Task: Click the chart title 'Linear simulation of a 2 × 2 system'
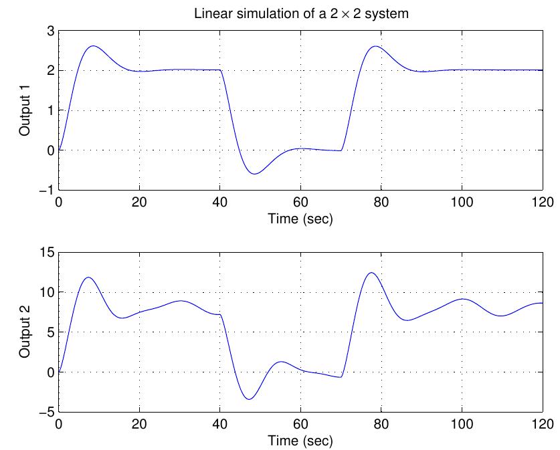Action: [x=300, y=13]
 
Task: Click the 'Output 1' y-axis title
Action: [x=25, y=110]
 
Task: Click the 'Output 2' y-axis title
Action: [x=25, y=332]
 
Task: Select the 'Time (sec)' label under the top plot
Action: [x=300, y=218]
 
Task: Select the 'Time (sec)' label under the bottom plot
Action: [x=300, y=440]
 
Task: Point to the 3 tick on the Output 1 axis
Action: [x=50, y=30]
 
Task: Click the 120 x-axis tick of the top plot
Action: [x=541, y=201]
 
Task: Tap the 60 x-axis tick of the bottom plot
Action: [x=300, y=423]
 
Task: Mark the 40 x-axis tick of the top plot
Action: [x=220, y=201]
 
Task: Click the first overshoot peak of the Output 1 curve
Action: [x=93, y=46]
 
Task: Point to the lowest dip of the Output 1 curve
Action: [x=254, y=174]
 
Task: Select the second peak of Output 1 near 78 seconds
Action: [x=375, y=46]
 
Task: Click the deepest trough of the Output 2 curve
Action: [x=249, y=399]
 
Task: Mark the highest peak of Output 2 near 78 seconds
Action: [x=372, y=273]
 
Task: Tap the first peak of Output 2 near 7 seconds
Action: [x=88, y=277]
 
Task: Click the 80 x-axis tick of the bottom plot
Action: [x=381, y=423]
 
